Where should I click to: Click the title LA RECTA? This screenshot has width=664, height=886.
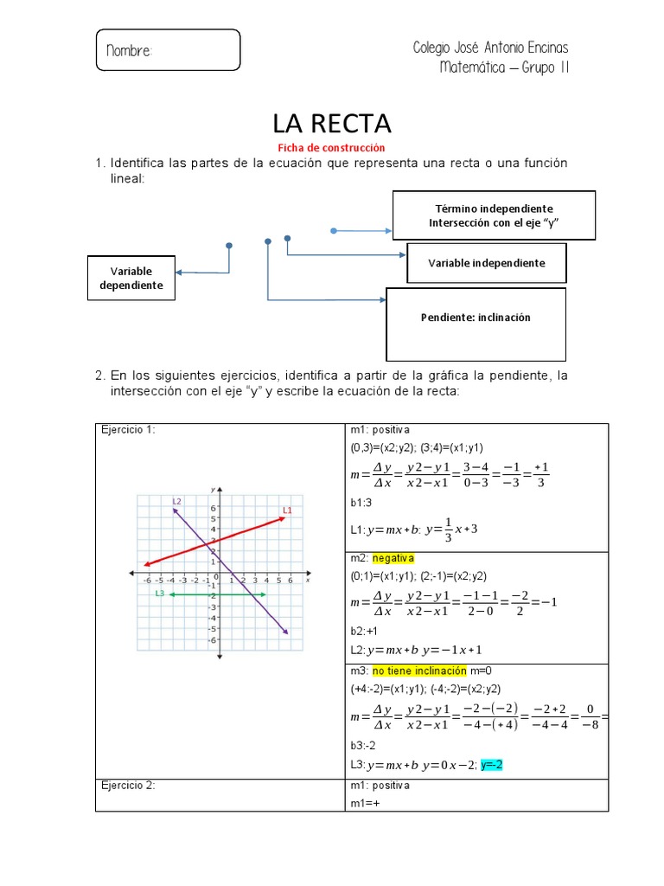[x=332, y=123]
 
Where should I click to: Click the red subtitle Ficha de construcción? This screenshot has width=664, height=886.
[x=330, y=148]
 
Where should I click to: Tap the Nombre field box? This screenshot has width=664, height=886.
[x=168, y=50]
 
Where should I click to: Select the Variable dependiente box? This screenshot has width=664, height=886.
[x=131, y=278]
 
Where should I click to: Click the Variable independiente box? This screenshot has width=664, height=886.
[x=487, y=263]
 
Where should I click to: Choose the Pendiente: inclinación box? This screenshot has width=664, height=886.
[x=476, y=318]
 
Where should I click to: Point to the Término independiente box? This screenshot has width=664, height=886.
[x=494, y=215]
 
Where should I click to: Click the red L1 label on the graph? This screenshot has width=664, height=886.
[x=287, y=510]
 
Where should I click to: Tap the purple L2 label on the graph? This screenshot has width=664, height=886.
[x=176, y=501]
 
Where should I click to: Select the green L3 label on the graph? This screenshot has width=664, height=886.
[x=160, y=594]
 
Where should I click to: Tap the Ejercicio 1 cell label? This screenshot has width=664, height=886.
[x=128, y=430]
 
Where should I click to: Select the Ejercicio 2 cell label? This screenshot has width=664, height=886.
[x=128, y=786]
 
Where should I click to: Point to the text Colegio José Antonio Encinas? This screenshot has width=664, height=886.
[x=491, y=48]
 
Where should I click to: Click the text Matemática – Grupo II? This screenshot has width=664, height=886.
[x=504, y=67]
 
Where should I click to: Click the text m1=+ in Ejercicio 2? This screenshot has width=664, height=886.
[x=364, y=803]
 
